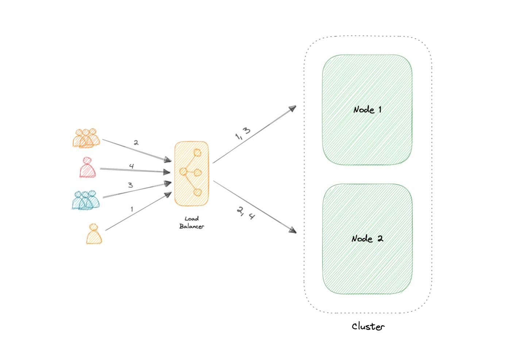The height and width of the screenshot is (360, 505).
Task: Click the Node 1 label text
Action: (x=367, y=110)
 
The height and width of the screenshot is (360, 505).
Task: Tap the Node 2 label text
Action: (x=367, y=239)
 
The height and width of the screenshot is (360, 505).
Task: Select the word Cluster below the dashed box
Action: (x=368, y=326)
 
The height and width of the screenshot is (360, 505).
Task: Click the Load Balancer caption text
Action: (x=192, y=222)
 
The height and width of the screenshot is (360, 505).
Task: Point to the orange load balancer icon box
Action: (x=192, y=174)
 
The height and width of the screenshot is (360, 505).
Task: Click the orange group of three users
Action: (x=86, y=138)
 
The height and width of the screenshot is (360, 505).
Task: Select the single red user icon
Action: (x=88, y=168)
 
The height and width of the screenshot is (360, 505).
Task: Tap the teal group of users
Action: (x=86, y=200)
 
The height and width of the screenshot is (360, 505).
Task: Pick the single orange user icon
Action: (x=94, y=234)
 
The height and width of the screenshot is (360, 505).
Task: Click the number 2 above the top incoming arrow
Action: (x=136, y=142)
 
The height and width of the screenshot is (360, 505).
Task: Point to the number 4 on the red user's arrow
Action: (x=131, y=166)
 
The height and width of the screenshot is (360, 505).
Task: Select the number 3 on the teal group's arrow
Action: (x=130, y=185)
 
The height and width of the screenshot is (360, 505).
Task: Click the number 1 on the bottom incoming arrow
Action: (x=132, y=209)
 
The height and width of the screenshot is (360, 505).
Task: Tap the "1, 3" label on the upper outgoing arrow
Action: (x=243, y=134)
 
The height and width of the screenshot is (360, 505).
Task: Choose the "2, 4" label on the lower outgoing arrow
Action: (x=246, y=213)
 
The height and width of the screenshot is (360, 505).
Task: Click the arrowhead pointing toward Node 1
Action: (x=292, y=108)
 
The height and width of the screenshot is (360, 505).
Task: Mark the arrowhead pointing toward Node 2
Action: (x=293, y=230)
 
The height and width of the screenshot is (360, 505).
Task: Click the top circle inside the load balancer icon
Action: (x=197, y=153)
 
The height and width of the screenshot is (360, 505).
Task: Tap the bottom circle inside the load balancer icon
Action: (x=197, y=192)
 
